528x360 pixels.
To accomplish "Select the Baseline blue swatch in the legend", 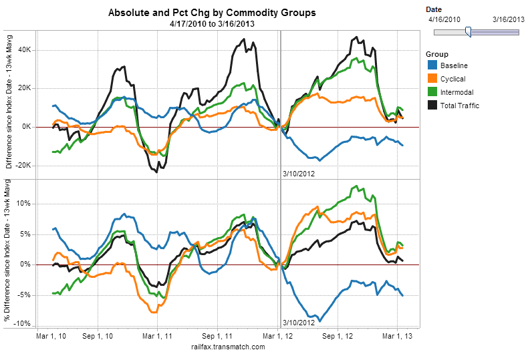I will click(x=432, y=65).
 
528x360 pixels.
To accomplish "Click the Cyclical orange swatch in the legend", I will click(x=432, y=79).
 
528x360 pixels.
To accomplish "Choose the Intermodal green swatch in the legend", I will click(x=432, y=92).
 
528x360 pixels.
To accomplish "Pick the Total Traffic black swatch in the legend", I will click(x=432, y=105).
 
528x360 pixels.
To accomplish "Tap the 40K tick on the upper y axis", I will click(x=23, y=49).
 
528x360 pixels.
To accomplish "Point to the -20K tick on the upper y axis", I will click(x=22, y=166).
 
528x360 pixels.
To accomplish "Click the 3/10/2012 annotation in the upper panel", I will click(x=298, y=174).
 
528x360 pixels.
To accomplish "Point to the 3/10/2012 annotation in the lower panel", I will click(x=298, y=323).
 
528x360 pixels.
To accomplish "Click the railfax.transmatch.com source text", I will click(x=228, y=347).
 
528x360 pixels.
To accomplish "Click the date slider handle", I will click(x=468, y=31).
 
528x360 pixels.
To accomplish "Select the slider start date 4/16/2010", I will click(x=444, y=19).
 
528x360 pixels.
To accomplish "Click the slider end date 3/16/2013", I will click(x=508, y=19).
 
